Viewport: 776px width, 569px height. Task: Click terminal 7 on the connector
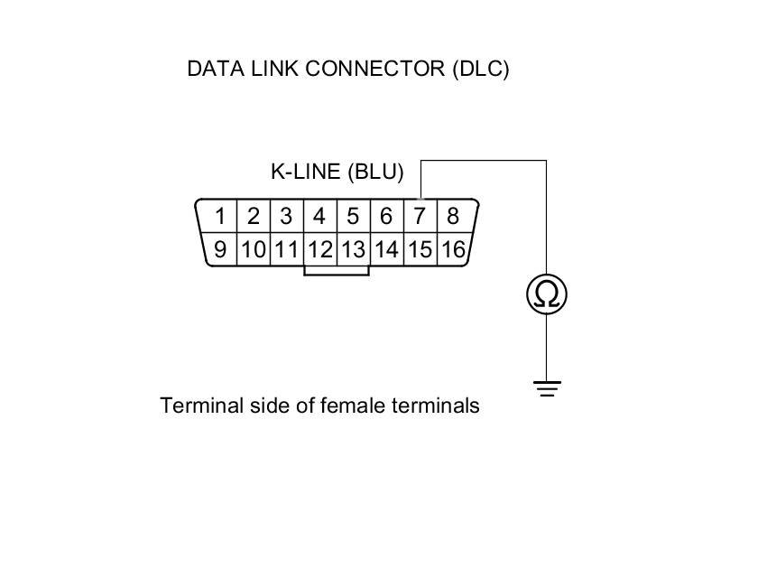point(420,217)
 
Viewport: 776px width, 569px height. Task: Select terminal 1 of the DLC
point(220,217)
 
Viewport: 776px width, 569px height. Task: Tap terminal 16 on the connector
point(453,249)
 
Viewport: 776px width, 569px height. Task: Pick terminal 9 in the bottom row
point(220,249)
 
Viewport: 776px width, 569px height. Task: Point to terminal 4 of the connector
point(319,217)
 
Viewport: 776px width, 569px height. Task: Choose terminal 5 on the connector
point(353,217)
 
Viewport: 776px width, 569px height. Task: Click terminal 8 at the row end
point(453,217)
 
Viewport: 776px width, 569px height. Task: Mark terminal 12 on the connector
point(319,249)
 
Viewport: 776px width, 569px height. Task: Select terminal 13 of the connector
point(353,249)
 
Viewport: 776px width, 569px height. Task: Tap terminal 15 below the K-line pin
point(420,249)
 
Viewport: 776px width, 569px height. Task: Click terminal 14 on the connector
point(386,249)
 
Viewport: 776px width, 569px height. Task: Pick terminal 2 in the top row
point(254,217)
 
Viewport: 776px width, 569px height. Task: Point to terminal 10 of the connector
point(254,249)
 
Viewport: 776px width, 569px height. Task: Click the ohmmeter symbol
point(546,294)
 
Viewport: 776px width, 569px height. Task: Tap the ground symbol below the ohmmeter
point(546,389)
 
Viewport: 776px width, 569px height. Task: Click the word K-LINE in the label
point(305,172)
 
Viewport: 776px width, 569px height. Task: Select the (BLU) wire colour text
point(374,172)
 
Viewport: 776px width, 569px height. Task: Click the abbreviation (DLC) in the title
point(481,69)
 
